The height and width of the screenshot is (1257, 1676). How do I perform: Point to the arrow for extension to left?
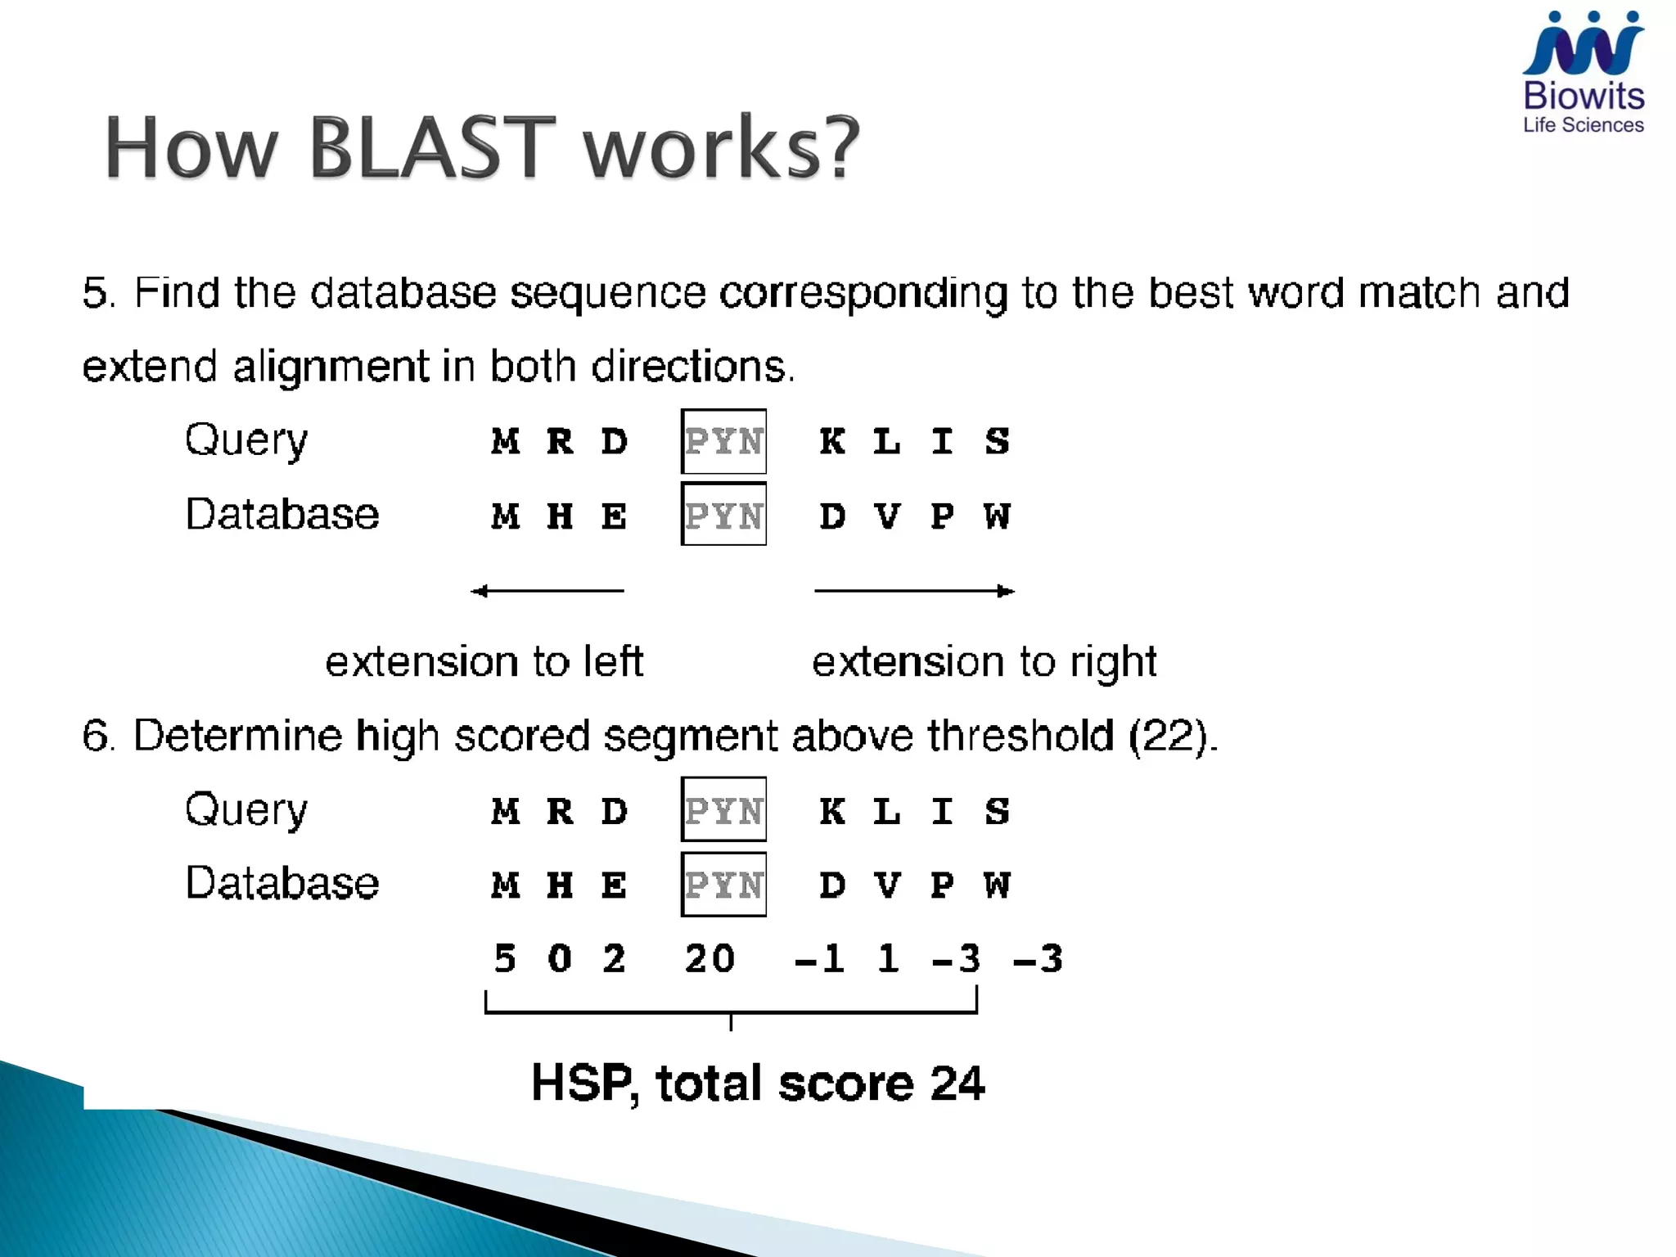(x=547, y=591)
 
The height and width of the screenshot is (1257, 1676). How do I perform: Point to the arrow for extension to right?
(x=914, y=591)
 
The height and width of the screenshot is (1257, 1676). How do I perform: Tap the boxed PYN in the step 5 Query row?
(x=723, y=442)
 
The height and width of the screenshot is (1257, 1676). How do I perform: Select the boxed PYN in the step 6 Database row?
(x=723, y=885)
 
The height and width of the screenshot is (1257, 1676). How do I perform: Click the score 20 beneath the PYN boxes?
(x=710, y=958)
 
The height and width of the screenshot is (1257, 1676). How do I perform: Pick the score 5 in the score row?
(x=505, y=958)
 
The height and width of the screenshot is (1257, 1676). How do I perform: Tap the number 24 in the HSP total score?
(x=957, y=1084)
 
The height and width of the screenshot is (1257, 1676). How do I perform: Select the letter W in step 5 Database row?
(x=998, y=516)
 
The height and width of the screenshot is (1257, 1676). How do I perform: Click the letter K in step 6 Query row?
(x=832, y=812)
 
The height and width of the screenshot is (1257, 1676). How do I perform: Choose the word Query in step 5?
(x=246, y=442)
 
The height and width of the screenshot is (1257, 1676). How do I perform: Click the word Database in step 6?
(x=282, y=883)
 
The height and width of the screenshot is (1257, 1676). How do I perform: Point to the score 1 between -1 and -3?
(x=888, y=958)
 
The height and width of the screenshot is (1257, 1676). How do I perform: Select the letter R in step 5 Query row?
(x=560, y=442)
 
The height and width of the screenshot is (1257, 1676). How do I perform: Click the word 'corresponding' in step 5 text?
(x=863, y=294)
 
